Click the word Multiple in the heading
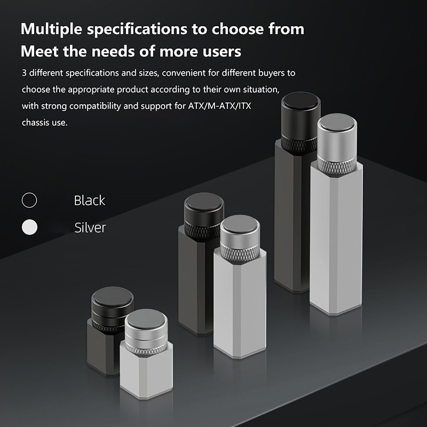(51, 29)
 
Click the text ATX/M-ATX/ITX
(220, 106)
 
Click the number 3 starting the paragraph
(24, 73)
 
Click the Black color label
(89, 200)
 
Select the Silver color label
(90, 228)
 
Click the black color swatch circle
(29, 200)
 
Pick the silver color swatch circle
(29, 227)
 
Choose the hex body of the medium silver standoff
(240, 304)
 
